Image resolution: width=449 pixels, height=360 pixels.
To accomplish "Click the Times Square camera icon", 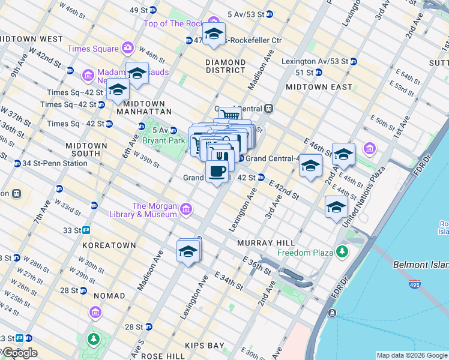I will (x=127, y=48).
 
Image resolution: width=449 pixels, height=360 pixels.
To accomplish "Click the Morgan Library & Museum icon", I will (x=186, y=209).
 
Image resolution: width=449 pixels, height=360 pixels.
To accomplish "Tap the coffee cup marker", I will (x=217, y=171).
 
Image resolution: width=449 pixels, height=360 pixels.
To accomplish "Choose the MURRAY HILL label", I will (x=266, y=242).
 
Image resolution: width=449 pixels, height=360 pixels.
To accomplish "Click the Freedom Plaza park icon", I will (x=342, y=252).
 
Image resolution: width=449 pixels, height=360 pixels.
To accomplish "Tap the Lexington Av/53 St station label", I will (x=315, y=61).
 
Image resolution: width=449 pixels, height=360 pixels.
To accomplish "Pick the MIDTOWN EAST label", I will (x=319, y=87).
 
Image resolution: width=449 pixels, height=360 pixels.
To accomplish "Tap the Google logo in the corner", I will (x=19, y=353).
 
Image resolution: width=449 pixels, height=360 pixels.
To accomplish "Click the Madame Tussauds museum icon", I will (x=88, y=75).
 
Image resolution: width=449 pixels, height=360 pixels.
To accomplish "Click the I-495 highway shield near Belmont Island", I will (x=415, y=285).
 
